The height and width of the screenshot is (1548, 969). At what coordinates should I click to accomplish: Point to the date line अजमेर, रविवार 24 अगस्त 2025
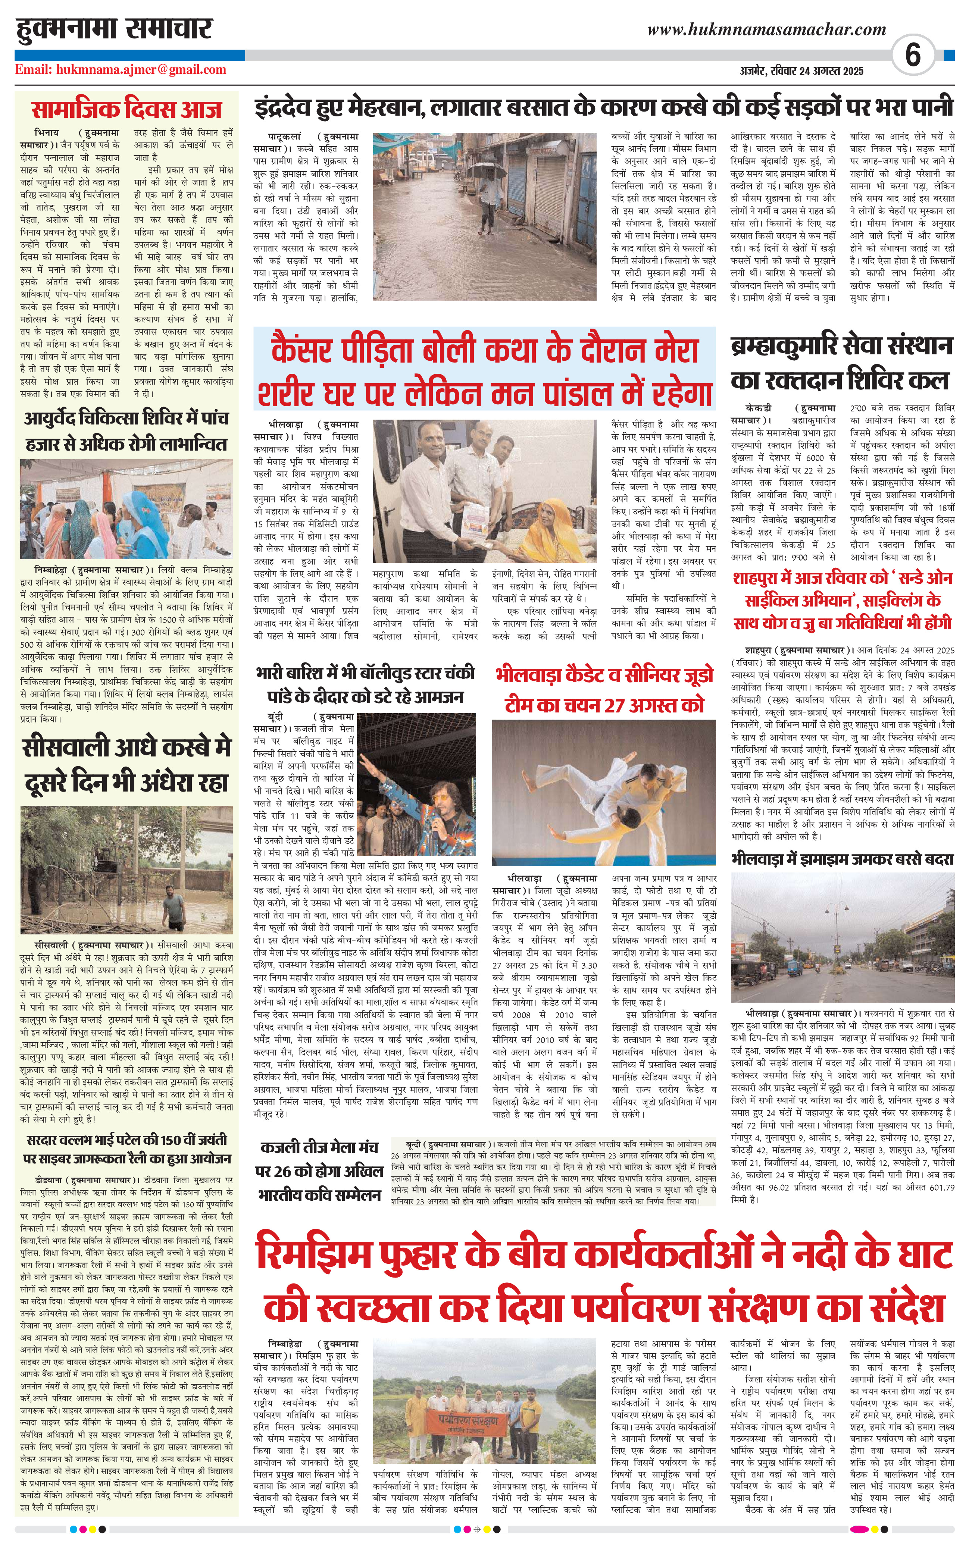[801, 71]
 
